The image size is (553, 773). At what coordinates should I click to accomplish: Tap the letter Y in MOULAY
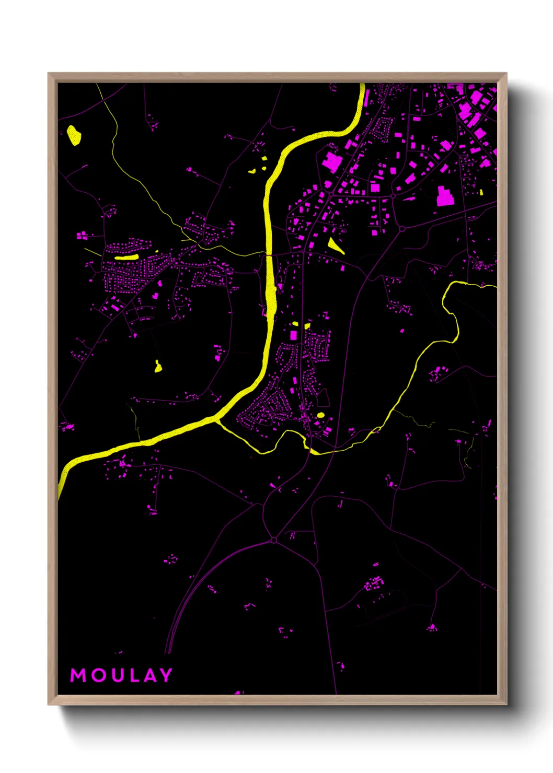point(166,675)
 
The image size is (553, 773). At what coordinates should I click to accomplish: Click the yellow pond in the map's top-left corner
point(74,135)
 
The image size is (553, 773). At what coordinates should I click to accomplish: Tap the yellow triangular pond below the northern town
point(335,245)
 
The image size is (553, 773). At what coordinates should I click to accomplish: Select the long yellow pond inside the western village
point(126,257)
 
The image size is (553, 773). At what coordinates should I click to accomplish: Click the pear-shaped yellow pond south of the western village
point(158,367)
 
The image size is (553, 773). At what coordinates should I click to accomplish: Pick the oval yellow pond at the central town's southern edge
point(320,415)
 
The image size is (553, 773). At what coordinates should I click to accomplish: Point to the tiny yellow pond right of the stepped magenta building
point(481,192)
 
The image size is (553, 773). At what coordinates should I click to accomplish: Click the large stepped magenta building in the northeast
point(444,196)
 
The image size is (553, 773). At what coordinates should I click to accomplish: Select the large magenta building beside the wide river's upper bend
point(331,162)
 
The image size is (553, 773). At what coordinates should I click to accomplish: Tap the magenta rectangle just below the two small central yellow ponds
point(294,335)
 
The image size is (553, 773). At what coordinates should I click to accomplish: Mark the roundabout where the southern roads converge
point(273,540)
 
